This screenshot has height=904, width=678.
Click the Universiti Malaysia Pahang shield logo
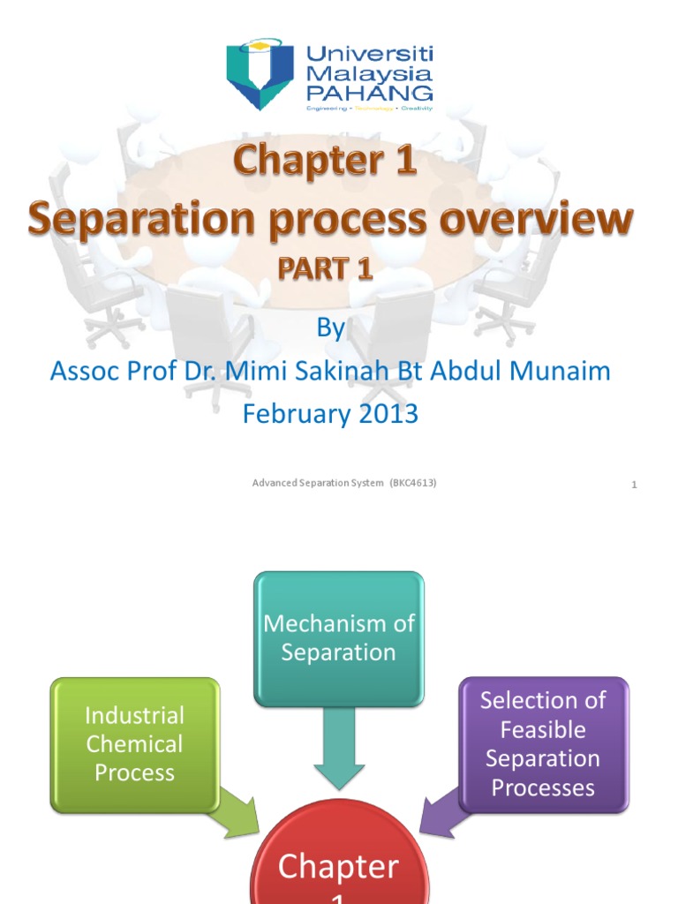260,72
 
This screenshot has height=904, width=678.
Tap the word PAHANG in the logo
369,92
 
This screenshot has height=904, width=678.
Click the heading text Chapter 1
325,164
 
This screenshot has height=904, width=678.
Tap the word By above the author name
330,328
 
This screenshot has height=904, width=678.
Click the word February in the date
290,414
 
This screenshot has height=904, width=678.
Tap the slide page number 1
634,485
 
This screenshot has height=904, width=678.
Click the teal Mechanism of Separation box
339,638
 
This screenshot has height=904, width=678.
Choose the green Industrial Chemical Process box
135,743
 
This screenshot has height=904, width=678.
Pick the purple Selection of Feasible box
543,743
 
